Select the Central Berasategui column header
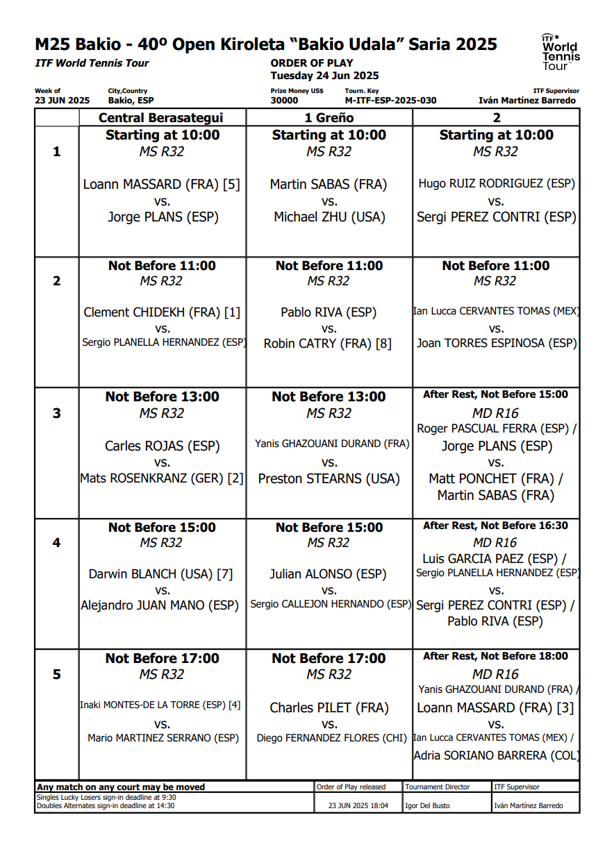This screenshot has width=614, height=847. [x=162, y=118]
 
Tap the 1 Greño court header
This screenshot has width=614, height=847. [x=329, y=118]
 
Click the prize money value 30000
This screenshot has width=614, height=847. [x=284, y=101]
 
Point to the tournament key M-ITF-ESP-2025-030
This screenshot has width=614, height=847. [x=390, y=101]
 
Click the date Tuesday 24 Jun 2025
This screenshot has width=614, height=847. [x=324, y=76]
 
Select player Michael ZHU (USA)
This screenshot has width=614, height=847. [x=329, y=217]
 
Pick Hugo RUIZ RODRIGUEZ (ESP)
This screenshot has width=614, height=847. [x=497, y=184]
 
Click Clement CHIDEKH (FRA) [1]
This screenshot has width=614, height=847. [x=162, y=312]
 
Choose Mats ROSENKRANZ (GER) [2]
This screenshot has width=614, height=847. [x=162, y=478]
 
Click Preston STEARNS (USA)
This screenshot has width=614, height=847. [x=329, y=478]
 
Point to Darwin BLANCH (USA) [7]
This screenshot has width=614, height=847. [x=161, y=574]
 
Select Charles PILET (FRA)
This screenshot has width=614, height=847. [x=329, y=707]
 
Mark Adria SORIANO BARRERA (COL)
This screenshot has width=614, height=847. [x=497, y=755]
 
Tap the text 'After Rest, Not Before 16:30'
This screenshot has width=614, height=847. [x=496, y=526]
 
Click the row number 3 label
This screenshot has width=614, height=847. [x=57, y=413]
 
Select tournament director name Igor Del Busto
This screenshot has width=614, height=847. [x=427, y=806]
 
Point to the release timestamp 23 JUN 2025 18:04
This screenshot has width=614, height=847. [x=358, y=806]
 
